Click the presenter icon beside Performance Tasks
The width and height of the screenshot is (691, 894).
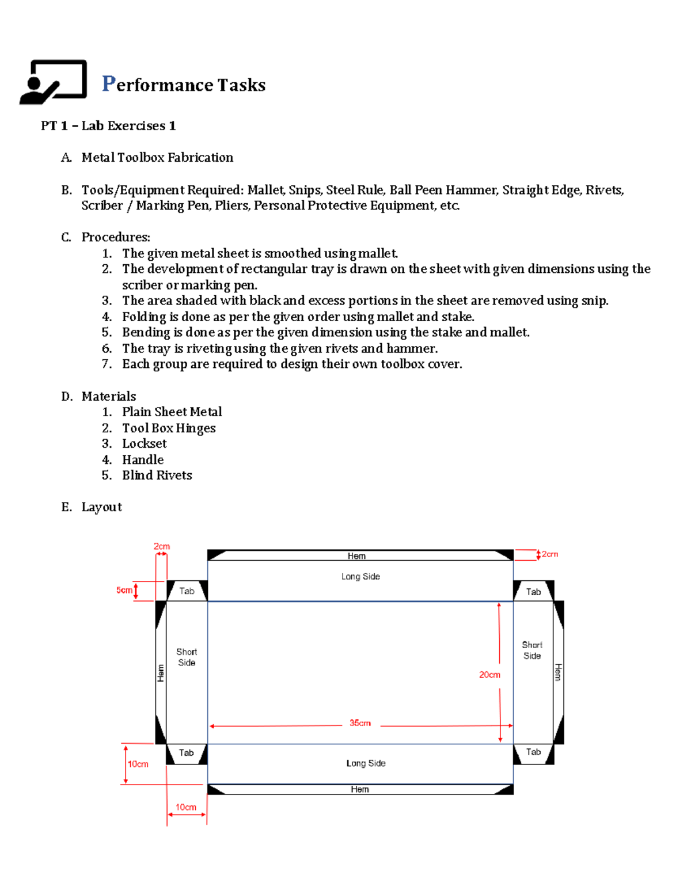pos(53,82)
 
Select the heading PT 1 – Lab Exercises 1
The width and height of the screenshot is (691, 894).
pos(108,125)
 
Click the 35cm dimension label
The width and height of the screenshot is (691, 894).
pos(360,723)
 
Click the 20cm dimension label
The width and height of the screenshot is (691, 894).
pos(489,675)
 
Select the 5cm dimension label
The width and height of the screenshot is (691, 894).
pos(124,590)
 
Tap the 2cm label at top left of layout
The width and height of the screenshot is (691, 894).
pos(162,546)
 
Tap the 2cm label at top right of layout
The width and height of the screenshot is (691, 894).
pos(550,554)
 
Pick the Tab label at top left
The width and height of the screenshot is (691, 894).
pos(187,591)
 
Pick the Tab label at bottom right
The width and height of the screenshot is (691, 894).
pos(533,752)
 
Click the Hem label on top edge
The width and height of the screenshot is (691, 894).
pos(356,556)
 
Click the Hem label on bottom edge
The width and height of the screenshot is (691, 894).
pos(360,789)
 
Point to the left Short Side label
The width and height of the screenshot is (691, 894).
pos(186,657)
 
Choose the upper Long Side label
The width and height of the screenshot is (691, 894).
pos(360,576)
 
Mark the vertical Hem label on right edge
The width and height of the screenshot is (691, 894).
pos(557,672)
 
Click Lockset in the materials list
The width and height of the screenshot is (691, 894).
pos(144,443)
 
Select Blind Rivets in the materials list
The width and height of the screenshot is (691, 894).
pos(157,475)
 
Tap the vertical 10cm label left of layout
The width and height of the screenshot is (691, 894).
pos(138,764)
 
